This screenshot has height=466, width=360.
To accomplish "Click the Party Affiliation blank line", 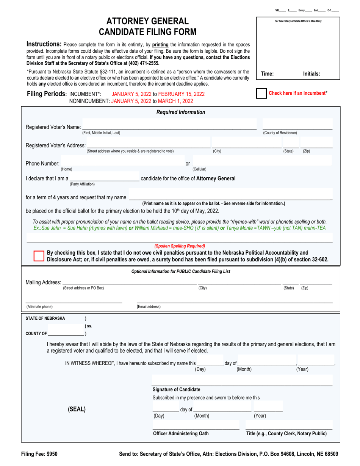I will [x=104, y=178].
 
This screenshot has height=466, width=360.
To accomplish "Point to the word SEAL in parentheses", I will [x=77, y=409].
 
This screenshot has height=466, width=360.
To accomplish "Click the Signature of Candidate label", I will [x=176, y=389].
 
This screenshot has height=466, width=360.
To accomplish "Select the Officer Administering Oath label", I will [x=180, y=433].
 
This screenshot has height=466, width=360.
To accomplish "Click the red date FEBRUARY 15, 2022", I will [x=182, y=94].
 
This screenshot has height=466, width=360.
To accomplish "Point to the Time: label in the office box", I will [x=268, y=74].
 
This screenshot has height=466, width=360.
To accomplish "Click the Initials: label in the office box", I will [x=311, y=74].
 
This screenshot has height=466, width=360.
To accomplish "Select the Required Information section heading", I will [x=181, y=112].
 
